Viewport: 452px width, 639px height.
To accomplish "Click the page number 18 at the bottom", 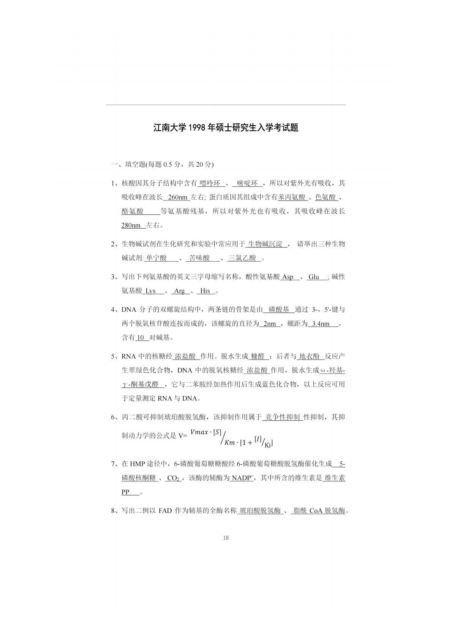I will (226, 538).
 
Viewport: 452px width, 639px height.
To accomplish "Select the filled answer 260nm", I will (178, 197).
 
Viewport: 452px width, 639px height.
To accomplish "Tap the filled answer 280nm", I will (131, 225).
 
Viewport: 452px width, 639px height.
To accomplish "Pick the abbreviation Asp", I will (288, 277).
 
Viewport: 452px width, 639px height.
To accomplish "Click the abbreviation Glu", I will (314, 277).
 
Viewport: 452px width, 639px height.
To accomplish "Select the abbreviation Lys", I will (151, 291).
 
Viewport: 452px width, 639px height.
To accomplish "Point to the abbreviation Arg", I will (180, 291).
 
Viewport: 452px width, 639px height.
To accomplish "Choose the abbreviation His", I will (205, 291).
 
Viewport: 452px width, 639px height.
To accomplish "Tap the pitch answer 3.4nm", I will (321, 324).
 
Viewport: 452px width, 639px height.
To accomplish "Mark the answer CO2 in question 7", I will (173, 478).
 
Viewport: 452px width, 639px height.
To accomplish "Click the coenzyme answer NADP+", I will (242, 478).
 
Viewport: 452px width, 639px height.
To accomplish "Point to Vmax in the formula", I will (199, 432).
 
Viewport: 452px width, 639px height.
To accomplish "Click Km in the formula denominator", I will (230, 443).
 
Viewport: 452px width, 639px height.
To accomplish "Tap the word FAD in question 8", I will (165, 511).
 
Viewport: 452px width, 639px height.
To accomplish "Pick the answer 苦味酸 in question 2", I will (200, 258).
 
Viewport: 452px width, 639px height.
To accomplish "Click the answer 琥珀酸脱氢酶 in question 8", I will (260, 511).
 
